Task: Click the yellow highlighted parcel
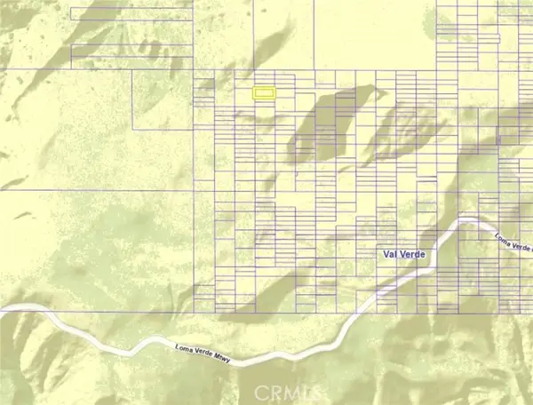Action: point(264,91)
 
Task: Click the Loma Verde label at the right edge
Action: point(512,240)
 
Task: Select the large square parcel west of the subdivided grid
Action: point(162,102)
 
